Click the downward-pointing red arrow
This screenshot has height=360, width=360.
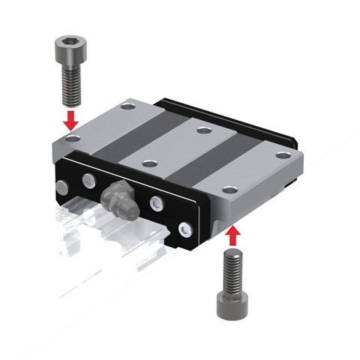point(69,119)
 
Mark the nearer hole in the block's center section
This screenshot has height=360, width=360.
point(148,162)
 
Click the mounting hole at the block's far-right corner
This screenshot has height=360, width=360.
point(281,154)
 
